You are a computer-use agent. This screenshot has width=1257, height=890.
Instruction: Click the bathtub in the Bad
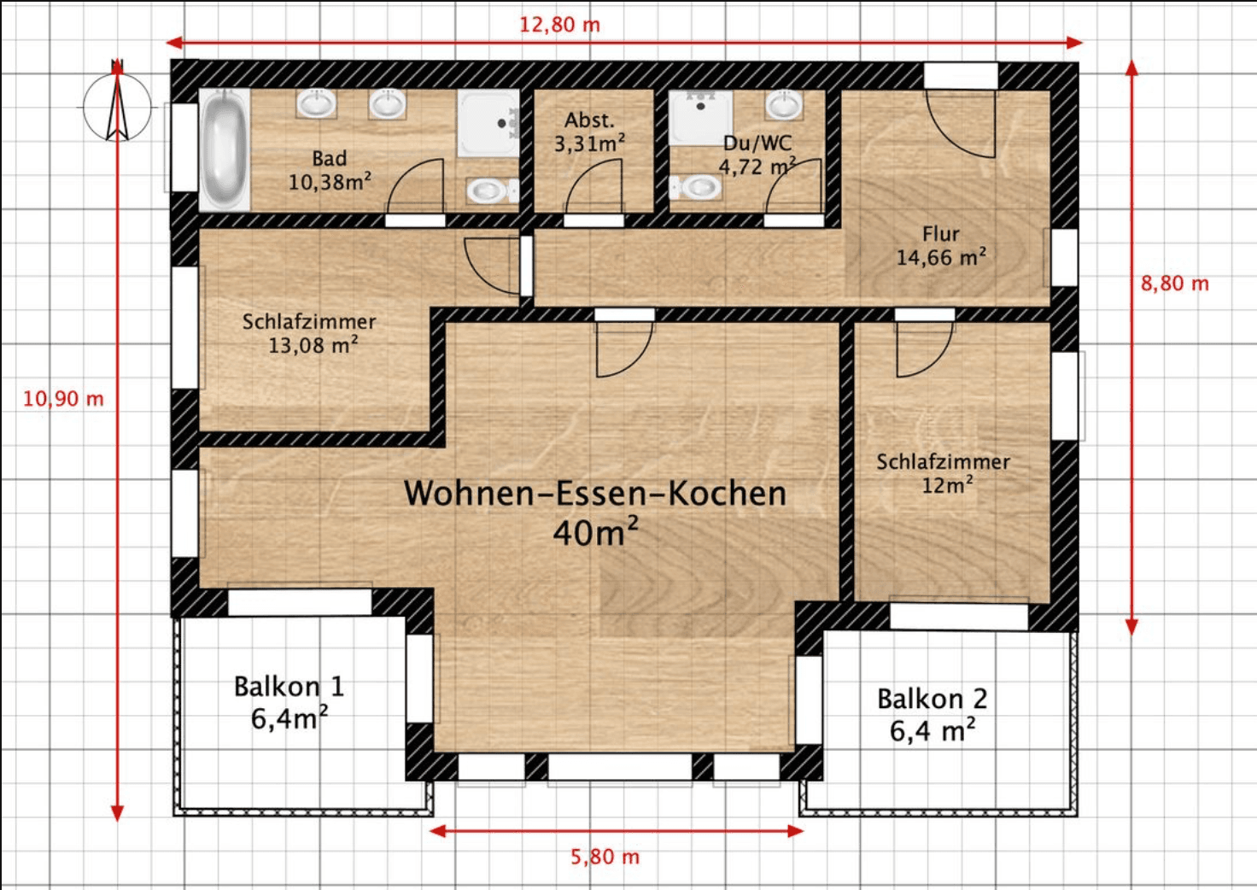coord(225,150)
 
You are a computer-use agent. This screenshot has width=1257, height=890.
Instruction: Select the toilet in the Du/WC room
coord(697,186)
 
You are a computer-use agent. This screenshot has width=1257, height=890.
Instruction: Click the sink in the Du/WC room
coord(783,106)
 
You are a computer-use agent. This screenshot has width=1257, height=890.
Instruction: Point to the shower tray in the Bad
coord(488,123)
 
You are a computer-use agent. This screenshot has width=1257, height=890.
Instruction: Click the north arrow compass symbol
coord(117,106)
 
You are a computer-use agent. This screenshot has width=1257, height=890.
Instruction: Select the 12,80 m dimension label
coord(559,25)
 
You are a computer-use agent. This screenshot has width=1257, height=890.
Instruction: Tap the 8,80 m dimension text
coord(1174,284)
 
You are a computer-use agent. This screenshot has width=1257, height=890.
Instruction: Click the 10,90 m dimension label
coord(63,399)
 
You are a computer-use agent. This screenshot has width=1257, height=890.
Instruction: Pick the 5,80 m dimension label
coord(605,857)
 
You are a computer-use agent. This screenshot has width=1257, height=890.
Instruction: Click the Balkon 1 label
coord(289,687)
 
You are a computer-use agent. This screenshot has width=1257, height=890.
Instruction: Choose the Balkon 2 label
coord(932,699)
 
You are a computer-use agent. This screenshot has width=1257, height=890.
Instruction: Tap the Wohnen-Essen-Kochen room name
coord(594,494)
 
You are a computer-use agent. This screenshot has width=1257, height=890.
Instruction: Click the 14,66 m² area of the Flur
coord(940,257)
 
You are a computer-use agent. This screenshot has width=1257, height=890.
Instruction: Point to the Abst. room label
coord(589,120)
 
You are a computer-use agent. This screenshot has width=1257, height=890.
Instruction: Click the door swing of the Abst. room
coord(593,190)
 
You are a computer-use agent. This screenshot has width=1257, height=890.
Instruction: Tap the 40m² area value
coord(594,533)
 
